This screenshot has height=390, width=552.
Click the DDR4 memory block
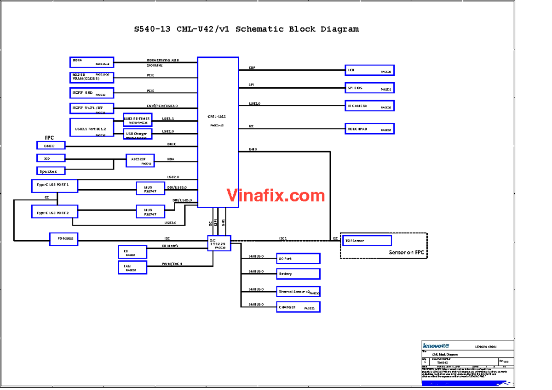click(x=92, y=62)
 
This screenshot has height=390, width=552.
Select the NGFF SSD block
click(x=92, y=93)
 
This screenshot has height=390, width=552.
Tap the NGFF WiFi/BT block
click(x=92, y=108)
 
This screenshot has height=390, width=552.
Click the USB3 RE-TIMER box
click(x=137, y=120)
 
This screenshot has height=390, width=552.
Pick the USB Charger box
click(x=137, y=134)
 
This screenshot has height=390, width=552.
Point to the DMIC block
click(x=51, y=145)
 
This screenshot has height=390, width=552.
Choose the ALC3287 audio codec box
click(x=140, y=160)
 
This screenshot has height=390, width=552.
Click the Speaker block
click(x=51, y=171)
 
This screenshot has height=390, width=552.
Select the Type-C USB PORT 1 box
click(x=54, y=186)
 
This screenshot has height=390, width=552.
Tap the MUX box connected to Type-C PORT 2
click(x=150, y=212)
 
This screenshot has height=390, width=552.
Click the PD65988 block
click(x=63, y=239)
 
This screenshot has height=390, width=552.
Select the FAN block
click(x=132, y=267)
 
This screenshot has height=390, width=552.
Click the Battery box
click(x=298, y=274)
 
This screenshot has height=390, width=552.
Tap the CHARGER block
click(x=298, y=307)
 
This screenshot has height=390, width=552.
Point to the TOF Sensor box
click(x=367, y=241)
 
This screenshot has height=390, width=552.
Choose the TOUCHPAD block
click(x=369, y=129)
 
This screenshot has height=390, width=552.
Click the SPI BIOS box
click(x=369, y=88)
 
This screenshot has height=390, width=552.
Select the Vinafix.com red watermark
click(x=276, y=196)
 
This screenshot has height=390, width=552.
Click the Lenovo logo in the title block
click(x=435, y=345)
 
